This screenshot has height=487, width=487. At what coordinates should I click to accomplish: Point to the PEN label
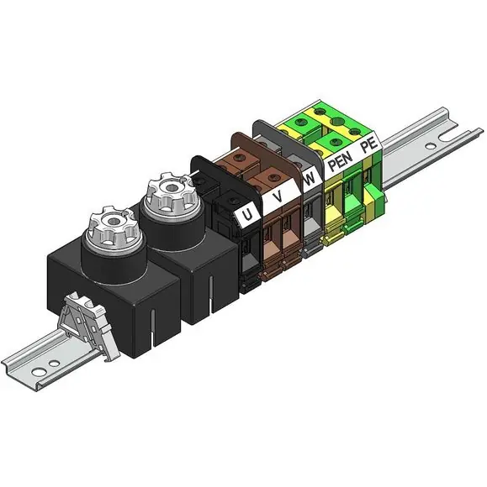(341, 160)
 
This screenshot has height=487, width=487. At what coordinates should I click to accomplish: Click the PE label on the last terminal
(370, 145)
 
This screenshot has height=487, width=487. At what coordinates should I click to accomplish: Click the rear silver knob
(171, 193)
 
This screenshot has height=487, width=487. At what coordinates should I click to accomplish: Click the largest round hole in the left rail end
(38, 371)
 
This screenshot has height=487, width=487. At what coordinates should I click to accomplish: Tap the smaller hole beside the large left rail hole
(54, 363)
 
